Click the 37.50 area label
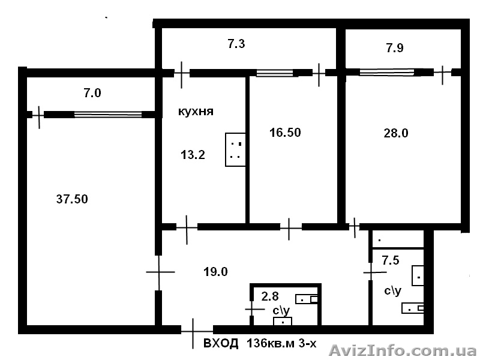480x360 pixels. click(72, 199)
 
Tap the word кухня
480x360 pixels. click(196, 112)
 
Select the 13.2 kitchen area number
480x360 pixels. click(193, 155)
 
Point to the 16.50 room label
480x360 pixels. click(285, 133)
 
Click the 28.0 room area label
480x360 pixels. click(396, 133)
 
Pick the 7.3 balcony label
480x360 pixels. click(236, 44)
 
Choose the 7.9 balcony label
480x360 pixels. click(395, 48)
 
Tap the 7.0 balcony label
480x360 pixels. click(92, 93)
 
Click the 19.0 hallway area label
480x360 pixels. click(215, 272)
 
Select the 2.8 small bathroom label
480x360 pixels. click(270, 296)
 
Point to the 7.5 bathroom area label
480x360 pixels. click(391, 260)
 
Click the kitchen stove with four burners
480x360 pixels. click(235, 149)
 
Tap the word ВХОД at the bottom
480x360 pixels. click(221, 343)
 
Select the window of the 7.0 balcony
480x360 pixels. click(108, 115)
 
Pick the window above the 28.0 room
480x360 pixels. click(386, 72)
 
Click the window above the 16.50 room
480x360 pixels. click(275, 73)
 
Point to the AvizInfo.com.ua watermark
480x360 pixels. click(403, 351)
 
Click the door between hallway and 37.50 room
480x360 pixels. click(158, 272)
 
